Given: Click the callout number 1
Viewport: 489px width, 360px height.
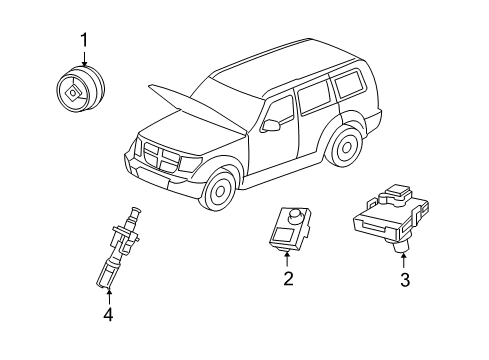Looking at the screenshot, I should (x=84, y=40).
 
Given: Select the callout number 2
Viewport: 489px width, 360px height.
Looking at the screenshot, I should (x=287, y=279).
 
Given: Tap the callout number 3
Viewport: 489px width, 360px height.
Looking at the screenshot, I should (x=405, y=281).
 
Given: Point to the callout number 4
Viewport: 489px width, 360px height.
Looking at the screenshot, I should (x=108, y=316).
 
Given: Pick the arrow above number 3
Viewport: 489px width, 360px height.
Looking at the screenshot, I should (x=405, y=262).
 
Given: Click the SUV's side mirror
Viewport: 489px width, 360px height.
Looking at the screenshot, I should (x=271, y=127).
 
